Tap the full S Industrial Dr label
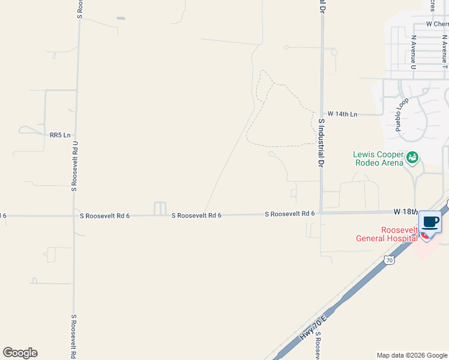321,142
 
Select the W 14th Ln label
342,113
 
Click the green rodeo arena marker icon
412,158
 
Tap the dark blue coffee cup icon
430,222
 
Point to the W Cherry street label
437,24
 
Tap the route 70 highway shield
390,260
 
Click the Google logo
20,353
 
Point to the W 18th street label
405,212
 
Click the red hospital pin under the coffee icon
426,236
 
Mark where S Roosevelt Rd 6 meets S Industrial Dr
321,213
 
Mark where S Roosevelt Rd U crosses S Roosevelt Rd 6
74,215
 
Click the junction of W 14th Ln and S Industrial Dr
321,113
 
